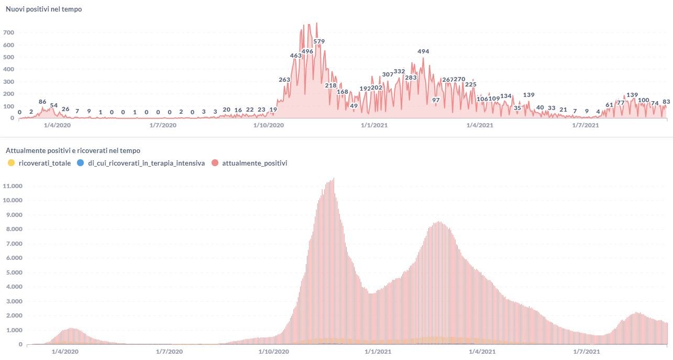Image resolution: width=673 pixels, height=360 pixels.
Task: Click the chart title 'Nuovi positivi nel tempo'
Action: tap(43, 9)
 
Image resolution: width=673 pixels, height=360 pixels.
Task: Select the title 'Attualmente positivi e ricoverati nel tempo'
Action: tap(73, 151)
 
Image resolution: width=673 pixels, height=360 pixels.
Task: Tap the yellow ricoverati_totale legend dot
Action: tap(12, 163)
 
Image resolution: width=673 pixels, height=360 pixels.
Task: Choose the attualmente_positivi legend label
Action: tap(255, 163)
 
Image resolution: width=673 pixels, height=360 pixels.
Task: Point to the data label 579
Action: tap(319, 41)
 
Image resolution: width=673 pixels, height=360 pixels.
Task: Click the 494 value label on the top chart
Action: tap(423, 51)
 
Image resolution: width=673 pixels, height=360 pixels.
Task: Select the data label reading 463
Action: tap(296, 55)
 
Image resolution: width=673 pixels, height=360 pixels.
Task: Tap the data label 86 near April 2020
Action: tap(42, 101)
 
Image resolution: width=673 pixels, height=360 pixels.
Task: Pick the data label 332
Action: tap(399, 71)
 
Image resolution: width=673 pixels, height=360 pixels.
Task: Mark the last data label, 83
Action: tap(666, 102)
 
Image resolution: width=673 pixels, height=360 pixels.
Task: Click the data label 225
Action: tap(470, 84)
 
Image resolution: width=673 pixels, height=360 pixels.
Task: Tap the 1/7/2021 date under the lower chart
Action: tap(586, 352)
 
